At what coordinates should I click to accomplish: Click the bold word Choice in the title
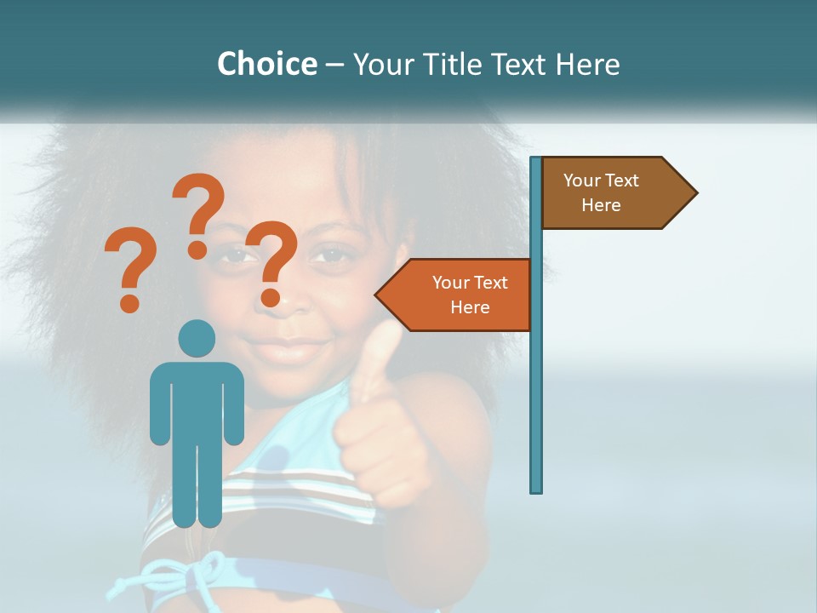click(266, 64)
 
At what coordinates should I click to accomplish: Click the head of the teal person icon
click(197, 339)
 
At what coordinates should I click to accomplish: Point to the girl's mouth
click(289, 349)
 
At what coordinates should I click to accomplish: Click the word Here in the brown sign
click(601, 205)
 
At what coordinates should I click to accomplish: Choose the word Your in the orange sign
click(451, 283)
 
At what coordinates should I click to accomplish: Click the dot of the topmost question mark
click(197, 249)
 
